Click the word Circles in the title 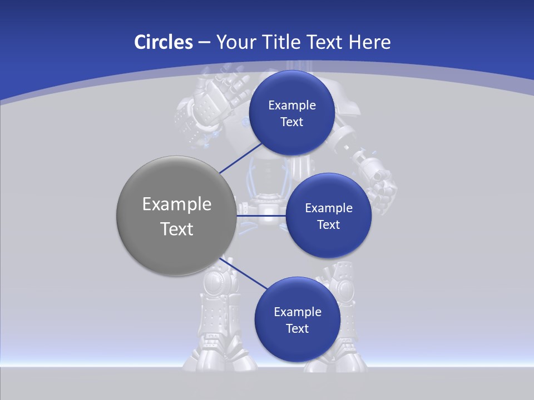point(163,42)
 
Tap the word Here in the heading point(369,42)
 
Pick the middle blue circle point(328,239)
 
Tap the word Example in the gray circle point(177,204)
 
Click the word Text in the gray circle point(177,229)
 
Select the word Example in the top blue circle point(292,105)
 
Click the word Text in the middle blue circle point(328,225)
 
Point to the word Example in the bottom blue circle point(298,312)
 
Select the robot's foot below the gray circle point(220,356)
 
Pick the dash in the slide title point(204,43)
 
